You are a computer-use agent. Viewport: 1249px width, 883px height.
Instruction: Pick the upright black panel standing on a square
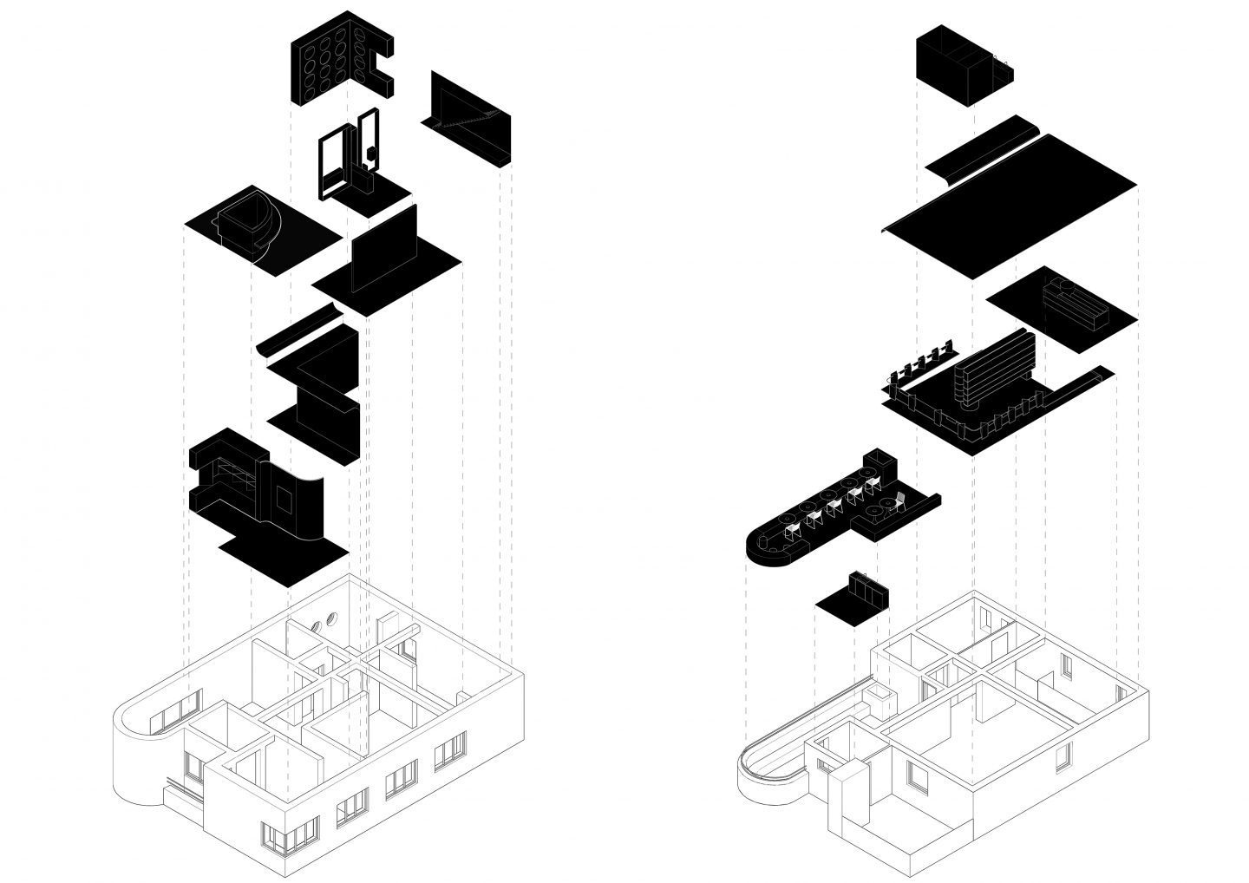(x=383, y=252)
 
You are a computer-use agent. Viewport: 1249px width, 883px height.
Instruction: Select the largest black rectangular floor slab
(x=1010, y=208)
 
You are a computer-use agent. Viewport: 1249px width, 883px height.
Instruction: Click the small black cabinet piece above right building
(x=854, y=598)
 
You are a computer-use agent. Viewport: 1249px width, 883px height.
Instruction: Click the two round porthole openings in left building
(x=324, y=621)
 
